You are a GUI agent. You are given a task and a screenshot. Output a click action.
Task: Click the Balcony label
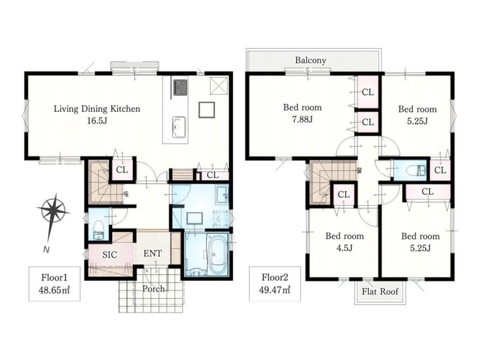[x=311, y=60]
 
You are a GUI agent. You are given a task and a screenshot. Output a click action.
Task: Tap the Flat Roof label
[x=380, y=292]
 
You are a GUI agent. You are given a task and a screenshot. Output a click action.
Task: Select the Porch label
[x=153, y=289]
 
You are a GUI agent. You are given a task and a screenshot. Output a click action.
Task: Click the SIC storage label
[x=109, y=255]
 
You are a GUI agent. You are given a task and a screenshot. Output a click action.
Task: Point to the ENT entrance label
[x=152, y=253]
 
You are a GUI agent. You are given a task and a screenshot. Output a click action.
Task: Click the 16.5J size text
[x=97, y=121]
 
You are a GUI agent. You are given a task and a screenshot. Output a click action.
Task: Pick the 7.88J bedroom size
[x=302, y=119]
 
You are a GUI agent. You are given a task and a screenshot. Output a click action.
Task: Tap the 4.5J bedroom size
[x=344, y=248]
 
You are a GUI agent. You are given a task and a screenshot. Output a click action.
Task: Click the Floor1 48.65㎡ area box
[x=54, y=284]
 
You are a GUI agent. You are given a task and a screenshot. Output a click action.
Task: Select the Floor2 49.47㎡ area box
[x=275, y=284]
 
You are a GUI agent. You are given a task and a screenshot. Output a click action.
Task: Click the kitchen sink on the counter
[x=179, y=127]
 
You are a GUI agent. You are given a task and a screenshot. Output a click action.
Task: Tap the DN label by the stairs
[x=360, y=169]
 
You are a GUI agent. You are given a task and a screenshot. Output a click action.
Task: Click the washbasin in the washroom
[x=222, y=195]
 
